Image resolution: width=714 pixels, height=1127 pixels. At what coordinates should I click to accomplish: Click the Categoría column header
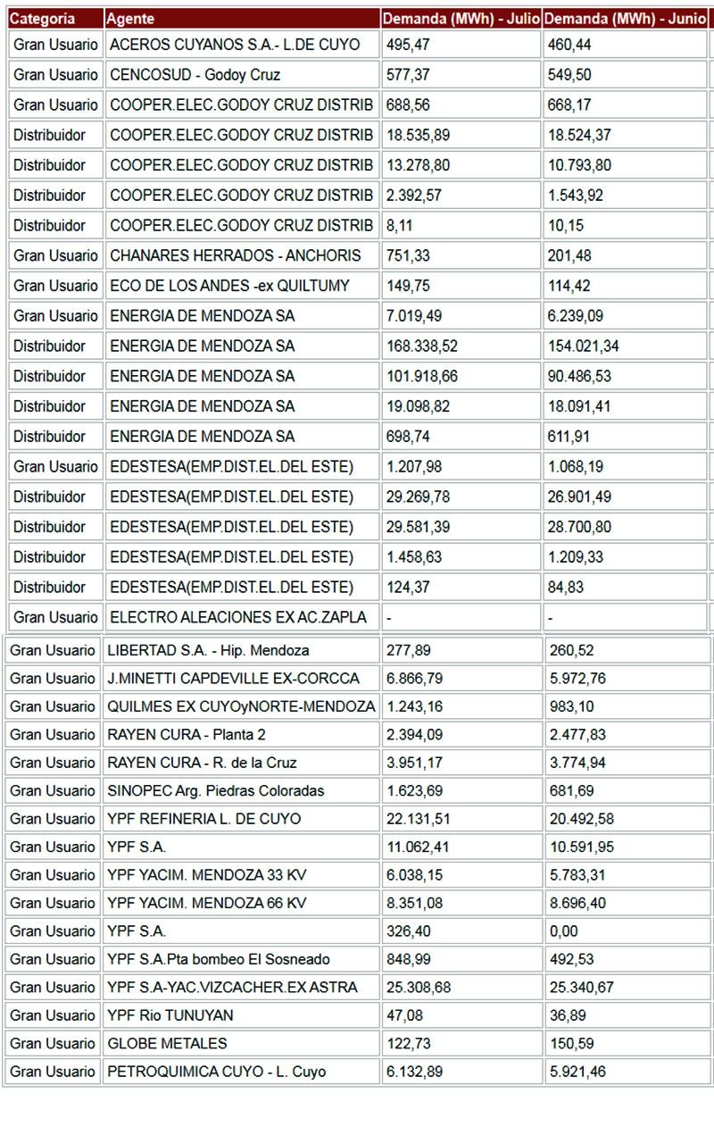click(x=43, y=19)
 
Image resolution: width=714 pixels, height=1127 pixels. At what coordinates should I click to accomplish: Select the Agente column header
click(x=130, y=19)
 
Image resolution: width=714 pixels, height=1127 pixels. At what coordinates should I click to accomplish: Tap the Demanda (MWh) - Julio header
click(x=461, y=19)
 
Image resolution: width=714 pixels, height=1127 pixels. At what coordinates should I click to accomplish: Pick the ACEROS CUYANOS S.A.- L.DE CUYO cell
click(x=235, y=45)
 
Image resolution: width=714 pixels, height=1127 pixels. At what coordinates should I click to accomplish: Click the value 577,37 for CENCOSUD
click(x=408, y=75)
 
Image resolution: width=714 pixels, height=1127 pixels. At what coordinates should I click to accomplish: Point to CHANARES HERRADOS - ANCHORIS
click(x=236, y=255)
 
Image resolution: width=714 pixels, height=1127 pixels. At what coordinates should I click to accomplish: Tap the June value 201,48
click(x=569, y=255)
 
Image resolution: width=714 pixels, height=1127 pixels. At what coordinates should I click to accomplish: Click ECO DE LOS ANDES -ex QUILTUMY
click(x=229, y=286)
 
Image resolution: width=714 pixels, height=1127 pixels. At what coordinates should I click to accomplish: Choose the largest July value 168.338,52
click(x=422, y=346)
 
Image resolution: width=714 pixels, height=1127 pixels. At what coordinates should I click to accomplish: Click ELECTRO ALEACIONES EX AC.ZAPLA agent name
click(x=238, y=617)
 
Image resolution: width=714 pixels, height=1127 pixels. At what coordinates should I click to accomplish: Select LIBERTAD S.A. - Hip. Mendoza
click(x=208, y=650)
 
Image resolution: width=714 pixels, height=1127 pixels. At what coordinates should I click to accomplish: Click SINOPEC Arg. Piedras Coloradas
click(x=215, y=790)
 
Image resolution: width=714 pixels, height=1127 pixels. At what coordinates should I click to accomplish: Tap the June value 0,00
click(x=564, y=931)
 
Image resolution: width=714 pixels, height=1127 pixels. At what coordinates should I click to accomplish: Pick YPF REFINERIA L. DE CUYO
click(x=203, y=819)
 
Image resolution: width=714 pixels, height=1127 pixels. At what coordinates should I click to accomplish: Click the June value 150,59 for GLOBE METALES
click(x=570, y=1043)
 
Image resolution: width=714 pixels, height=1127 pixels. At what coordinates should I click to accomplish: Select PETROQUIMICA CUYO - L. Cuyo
click(x=216, y=1072)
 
